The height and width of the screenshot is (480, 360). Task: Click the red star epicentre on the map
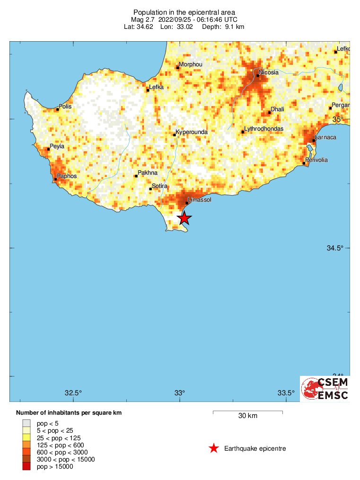[184, 218]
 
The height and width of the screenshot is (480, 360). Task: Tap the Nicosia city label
[269, 72]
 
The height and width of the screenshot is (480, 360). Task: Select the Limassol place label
[199, 200]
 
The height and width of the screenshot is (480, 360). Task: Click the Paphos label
[67, 176]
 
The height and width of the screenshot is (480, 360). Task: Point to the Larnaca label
[326, 137]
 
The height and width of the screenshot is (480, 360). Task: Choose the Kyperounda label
[192, 132]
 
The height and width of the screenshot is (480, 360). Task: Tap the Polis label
[65, 107]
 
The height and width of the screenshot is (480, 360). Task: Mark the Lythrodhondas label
[263, 129]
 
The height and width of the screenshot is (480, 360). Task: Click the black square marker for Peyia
[49, 149]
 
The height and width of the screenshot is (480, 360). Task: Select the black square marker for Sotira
[151, 189]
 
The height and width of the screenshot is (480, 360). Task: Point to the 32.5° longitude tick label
[73, 392]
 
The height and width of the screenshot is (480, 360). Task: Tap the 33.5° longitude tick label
[286, 392]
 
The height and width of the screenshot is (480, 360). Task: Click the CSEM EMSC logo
[325, 389]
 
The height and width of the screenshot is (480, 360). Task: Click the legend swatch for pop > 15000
[26, 467]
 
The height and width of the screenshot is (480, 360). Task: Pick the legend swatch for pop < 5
[26, 423]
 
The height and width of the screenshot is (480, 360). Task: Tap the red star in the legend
[214, 448]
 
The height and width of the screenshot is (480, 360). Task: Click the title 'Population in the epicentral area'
[184, 12]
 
